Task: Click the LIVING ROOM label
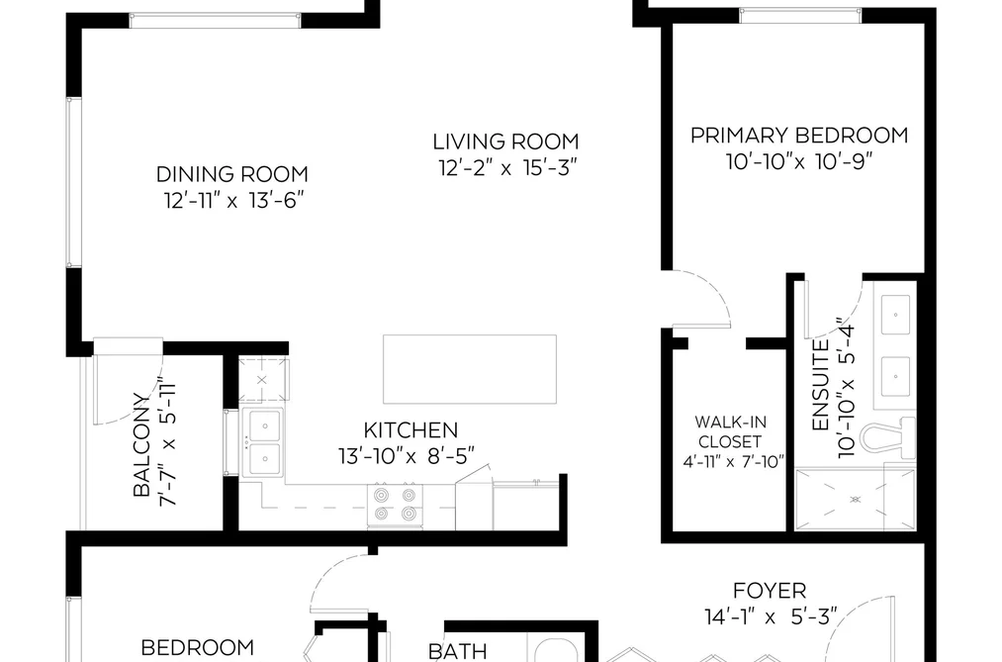click(505, 142)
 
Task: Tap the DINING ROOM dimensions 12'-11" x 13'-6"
click(232, 201)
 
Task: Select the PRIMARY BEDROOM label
click(799, 136)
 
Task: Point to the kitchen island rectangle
click(470, 369)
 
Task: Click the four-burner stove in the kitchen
click(395, 505)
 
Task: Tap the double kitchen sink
click(264, 441)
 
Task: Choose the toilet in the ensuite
click(887, 438)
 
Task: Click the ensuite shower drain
click(856, 499)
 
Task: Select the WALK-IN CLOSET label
click(730, 432)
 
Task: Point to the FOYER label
click(770, 591)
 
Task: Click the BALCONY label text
click(141, 444)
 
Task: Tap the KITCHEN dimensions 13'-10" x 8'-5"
click(407, 456)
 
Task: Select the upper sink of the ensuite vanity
click(895, 315)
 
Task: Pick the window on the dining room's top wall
click(215, 21)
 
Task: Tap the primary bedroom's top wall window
click(799, 15)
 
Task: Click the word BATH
click(458, 652)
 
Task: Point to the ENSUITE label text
click(820, 385)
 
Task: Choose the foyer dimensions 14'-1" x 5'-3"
click(771, 617)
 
